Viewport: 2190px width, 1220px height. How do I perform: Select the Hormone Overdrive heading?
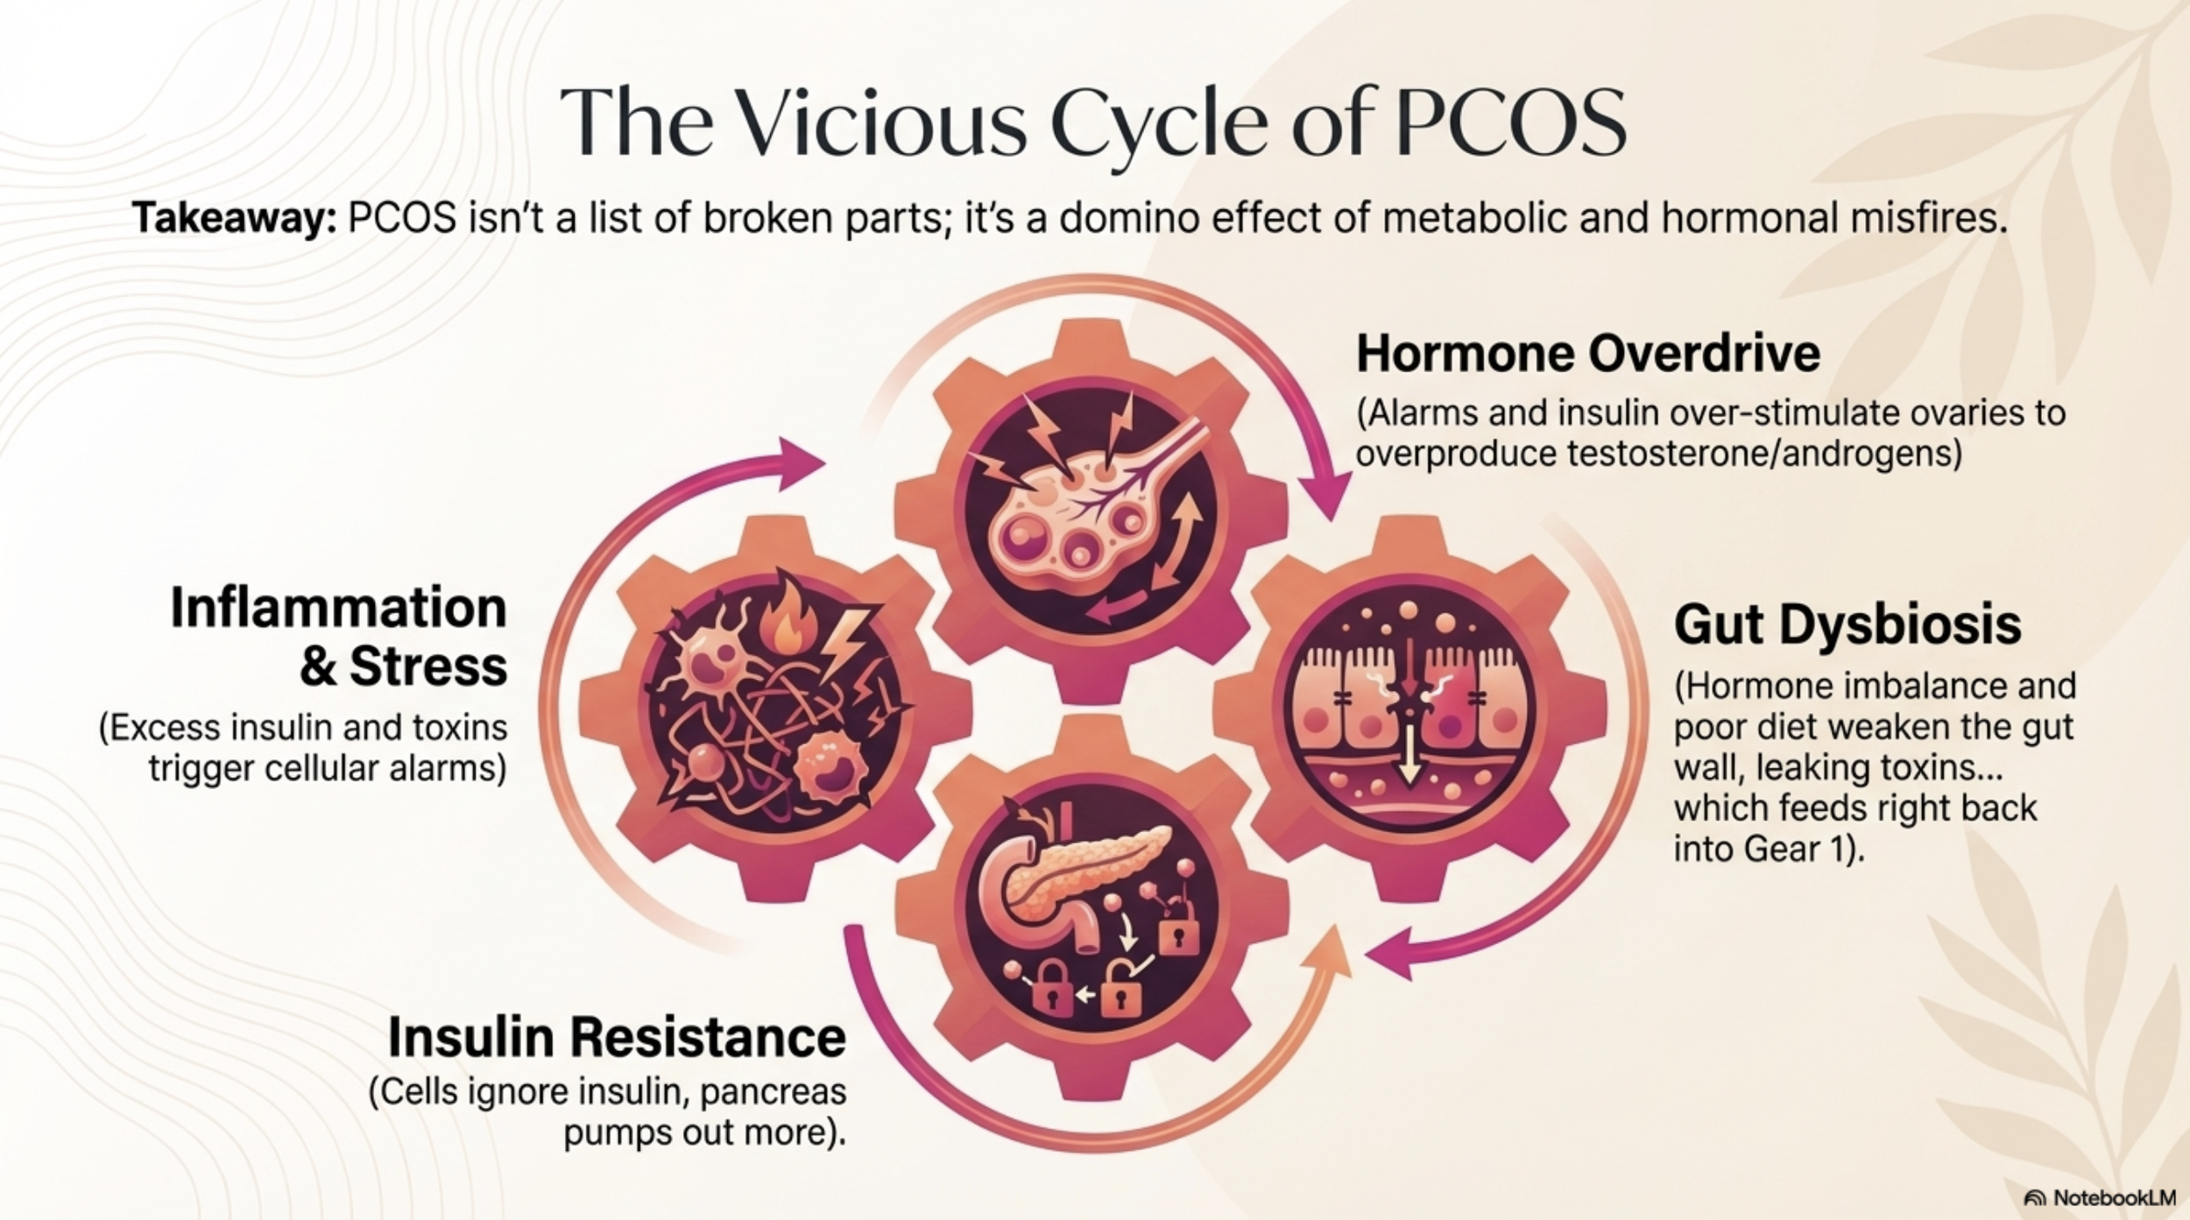click(1587, 355)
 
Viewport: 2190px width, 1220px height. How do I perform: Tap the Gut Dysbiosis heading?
click(1847, 625)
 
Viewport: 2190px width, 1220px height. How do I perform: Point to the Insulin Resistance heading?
click(617, 1038)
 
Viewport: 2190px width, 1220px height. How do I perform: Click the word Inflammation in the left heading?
click(339, 608)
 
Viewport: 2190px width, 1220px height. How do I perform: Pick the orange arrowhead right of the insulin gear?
click(1329, 950)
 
